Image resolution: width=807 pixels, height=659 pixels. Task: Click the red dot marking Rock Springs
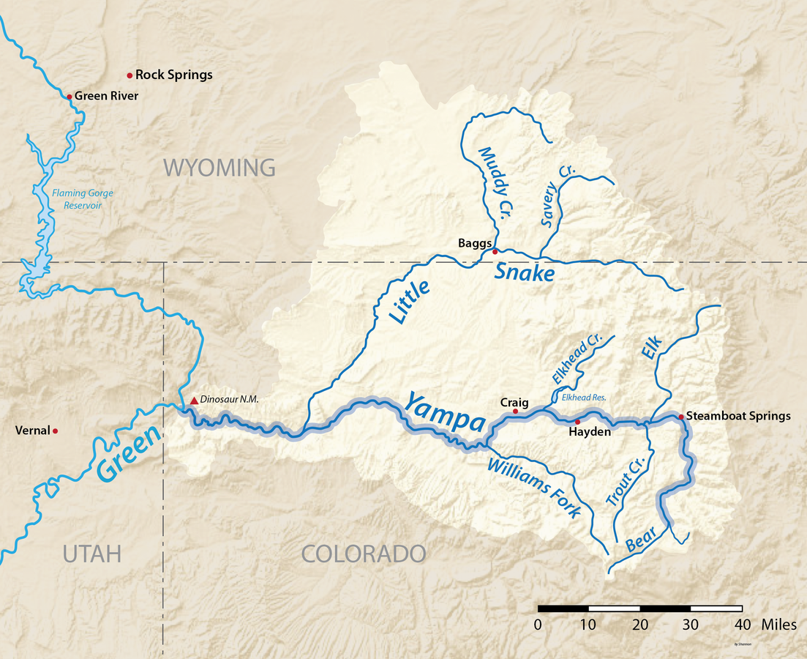(x=130, y=75)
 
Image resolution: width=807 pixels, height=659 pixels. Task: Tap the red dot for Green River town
(x=70, y=96)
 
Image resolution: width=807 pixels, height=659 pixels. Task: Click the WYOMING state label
(x=219, y=168)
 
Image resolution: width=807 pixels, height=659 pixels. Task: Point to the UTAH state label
(x=91, y=554)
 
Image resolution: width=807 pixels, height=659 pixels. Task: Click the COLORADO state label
(x=364, y=554)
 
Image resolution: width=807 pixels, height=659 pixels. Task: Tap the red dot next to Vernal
(x=55, y=431)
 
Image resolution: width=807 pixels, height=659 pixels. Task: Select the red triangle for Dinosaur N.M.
(x=194, y=401)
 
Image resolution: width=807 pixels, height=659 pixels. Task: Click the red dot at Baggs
(x=495, y=251)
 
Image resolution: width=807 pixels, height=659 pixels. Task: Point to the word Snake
(x=524, y=273)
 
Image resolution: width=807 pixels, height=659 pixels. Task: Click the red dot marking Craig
(x=515, y=412)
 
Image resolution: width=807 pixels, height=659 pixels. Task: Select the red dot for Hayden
(x=577, y=422)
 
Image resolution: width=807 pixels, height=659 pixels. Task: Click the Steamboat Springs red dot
(x=680, y=417)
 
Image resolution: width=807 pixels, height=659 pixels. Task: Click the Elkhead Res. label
(x=585, y=398)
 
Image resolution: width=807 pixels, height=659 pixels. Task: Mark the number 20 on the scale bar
(x=639, y=625)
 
